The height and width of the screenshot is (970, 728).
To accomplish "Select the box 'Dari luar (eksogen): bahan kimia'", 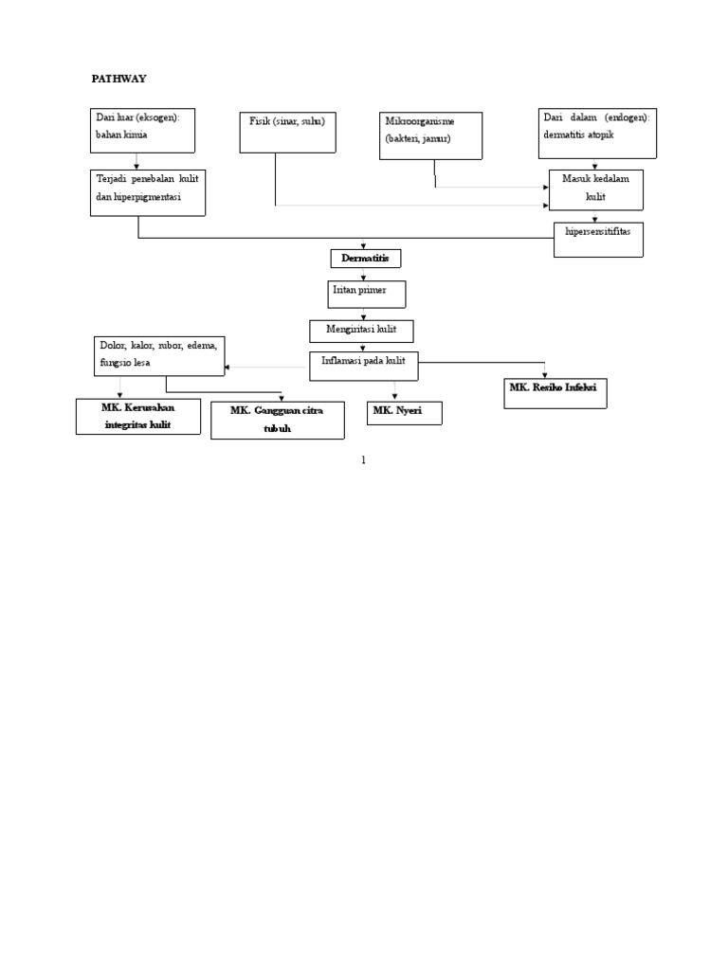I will tap(142, 130).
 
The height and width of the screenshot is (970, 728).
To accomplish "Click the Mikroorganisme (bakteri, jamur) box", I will tap(431, 135).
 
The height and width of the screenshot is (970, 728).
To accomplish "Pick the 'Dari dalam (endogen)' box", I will tap(595, 133).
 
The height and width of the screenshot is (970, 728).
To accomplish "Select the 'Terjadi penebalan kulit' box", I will tap(148, 192).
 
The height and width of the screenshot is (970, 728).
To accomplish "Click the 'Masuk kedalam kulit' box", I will tap(596, 189).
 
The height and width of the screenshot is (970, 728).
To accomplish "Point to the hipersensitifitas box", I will tap(598, 239).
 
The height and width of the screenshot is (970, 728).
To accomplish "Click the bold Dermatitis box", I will tap(365, 258).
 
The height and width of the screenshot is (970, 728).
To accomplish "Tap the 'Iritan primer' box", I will tap(368, 294).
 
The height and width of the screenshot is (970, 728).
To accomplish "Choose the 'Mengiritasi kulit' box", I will tap(361, 330).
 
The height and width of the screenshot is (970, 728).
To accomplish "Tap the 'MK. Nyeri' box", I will tap(404, 412).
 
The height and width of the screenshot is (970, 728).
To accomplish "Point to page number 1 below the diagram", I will tap(363, 460).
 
